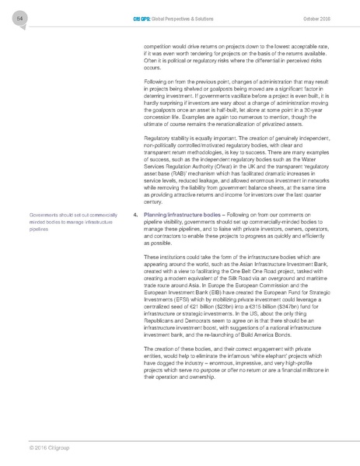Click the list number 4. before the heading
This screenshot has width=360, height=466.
pyautogui.click(x=136, y=191)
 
